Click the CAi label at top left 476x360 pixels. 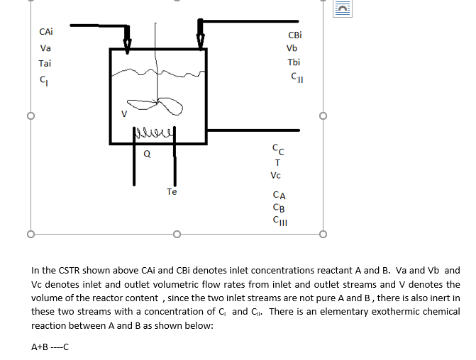point(45,32)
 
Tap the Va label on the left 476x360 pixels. point(45,48)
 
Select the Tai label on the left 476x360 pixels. point(45,63)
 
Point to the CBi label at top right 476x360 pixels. point(294,35)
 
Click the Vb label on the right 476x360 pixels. point(292,49)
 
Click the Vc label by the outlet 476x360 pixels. point(276,175)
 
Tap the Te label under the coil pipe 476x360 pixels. point(172,191)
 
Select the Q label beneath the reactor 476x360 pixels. point(146,152)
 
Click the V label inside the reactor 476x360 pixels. point(123,113)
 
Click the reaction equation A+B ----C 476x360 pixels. point(50,347)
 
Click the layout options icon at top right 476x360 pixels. point(344,9)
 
